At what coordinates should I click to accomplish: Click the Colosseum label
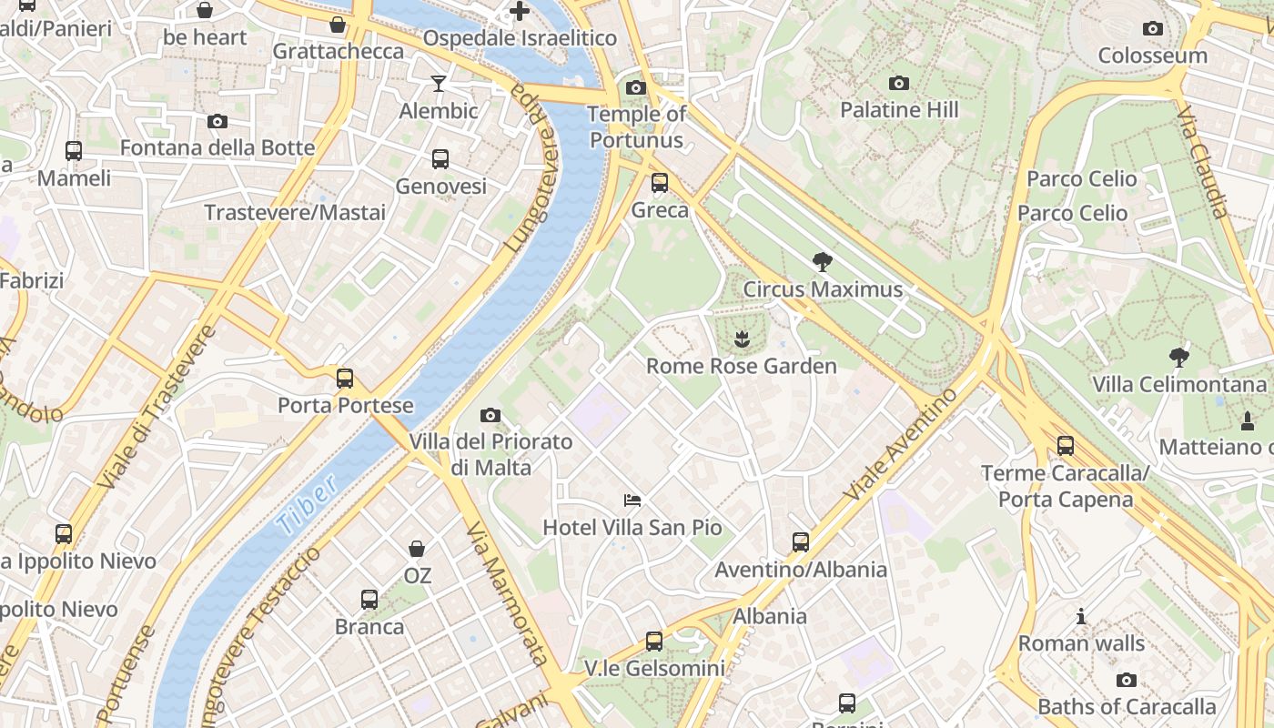click(1152, 56)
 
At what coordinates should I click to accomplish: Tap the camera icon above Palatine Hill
click(899, 83)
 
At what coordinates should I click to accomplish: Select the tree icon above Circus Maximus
click(823, 263)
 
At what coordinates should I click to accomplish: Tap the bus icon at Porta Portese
click(345, 379)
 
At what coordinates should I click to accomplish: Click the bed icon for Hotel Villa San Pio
click(632, 500)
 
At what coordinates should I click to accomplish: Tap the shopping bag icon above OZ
click(417, 549)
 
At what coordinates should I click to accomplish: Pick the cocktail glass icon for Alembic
click(439, 84)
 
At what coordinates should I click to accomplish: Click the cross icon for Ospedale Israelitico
click(520, 11)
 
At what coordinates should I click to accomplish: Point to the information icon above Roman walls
click(1081, 616)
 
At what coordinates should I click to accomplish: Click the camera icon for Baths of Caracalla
click(1127, 680)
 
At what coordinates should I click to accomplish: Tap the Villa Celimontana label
click(1179, 385)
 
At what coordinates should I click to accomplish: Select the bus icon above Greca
click(660, 183)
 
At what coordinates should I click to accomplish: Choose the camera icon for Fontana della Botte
click(217, 121)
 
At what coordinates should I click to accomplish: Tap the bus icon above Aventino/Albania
click(801, 542)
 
